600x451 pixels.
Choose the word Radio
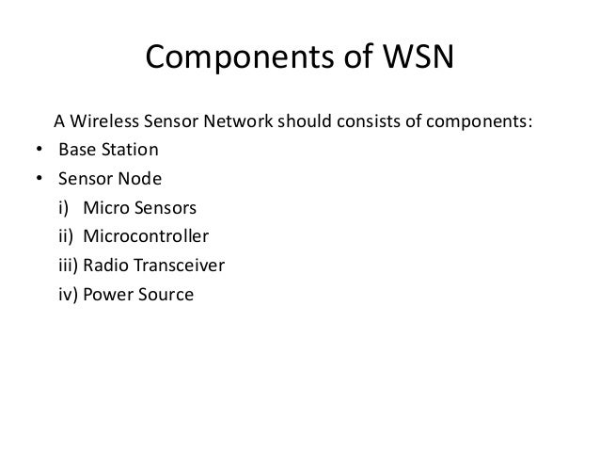pos(106,266)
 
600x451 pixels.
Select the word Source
pos(166,295)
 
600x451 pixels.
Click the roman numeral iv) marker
pos(68,295)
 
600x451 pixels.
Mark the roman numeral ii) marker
pos(65,236)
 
